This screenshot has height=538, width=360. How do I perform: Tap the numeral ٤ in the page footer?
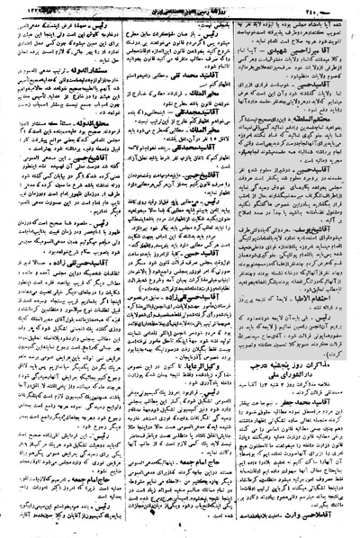click(x=181, y=530)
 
